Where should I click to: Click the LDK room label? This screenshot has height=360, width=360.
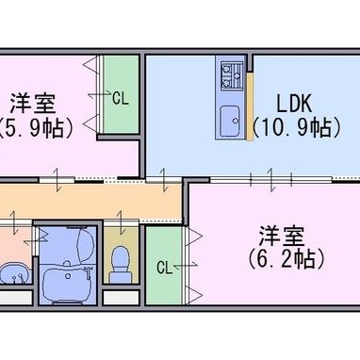pos(294,104)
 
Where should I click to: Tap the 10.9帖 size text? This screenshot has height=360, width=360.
pos(297,127)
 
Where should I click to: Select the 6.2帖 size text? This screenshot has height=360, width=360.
pos(286,258)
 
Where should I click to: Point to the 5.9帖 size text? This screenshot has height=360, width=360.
pos(35,127)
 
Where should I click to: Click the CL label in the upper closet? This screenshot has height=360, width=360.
pos(121,98)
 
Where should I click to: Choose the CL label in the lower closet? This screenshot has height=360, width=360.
pos(165,268)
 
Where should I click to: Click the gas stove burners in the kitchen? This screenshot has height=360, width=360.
pos(232,75)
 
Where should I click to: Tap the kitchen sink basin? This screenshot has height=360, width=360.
pos(230,121)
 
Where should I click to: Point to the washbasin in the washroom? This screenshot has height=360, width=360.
pos(13,272)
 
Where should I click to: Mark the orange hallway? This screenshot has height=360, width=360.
pos(91,202)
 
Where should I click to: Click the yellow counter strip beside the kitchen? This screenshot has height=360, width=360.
pos(250,106)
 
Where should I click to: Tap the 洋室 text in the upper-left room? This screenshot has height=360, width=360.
pos(33,104)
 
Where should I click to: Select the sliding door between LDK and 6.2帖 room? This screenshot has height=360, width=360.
pos(271,179)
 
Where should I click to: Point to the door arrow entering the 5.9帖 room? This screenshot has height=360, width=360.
pos(57,180)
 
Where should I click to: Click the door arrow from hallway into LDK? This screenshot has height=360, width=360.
pos(163,180)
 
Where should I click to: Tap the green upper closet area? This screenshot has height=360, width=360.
pos(122,93)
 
